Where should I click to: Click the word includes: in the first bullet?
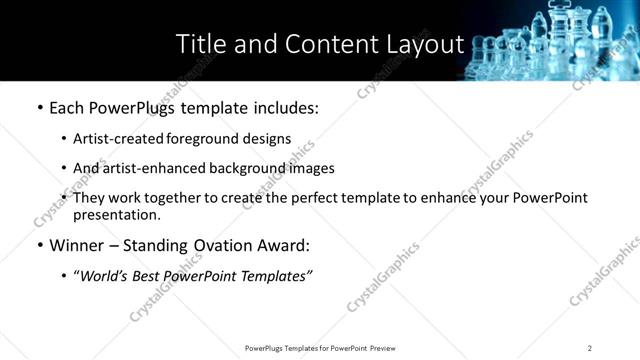(x=281, y=107)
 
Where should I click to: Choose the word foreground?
(x=201, y=138)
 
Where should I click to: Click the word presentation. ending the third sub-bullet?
(x=116, y=214)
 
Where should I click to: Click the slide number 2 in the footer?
(x=590, y=348)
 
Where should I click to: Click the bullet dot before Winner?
(x=39, y=246)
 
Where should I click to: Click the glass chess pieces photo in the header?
(x=555, y=40)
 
